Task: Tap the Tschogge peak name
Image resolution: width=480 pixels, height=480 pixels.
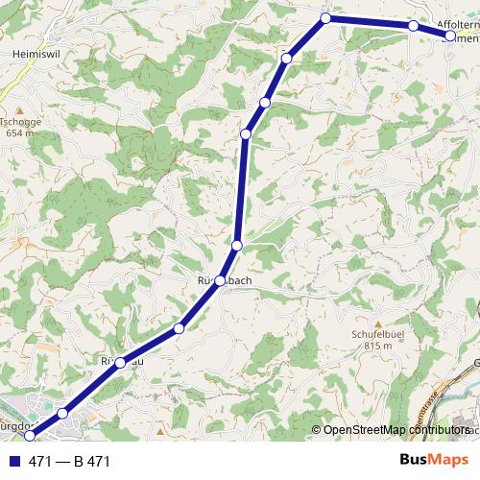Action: click(x=20, y=122)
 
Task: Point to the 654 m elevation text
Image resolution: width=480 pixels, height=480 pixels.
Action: click(x=20, y=133)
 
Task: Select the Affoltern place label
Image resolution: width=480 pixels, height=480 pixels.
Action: click(x=456, y=26)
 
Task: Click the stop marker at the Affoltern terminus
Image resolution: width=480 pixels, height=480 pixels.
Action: click(x=449, y=36)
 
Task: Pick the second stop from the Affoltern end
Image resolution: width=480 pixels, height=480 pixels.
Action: click(x=413, y=26)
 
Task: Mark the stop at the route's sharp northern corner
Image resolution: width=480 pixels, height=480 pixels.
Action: click(x=325, y=18)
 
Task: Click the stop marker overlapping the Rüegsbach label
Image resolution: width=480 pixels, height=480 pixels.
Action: click(x=221, y=280)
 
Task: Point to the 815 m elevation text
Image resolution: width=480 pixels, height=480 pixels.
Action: click(x=379, y=347)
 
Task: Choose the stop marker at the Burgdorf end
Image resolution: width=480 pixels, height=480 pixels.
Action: click(x=29, y=437)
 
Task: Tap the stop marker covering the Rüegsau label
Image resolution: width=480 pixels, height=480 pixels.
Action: click(x=120, y=362)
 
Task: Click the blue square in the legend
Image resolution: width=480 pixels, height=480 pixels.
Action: click(x=15, y=462)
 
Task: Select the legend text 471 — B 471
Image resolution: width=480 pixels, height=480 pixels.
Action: click(x=70, y=462)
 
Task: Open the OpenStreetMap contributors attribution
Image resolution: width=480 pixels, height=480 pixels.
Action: click(x=394, y=429)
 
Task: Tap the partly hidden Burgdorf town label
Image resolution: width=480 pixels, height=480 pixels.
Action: click(x=17, y=424)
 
